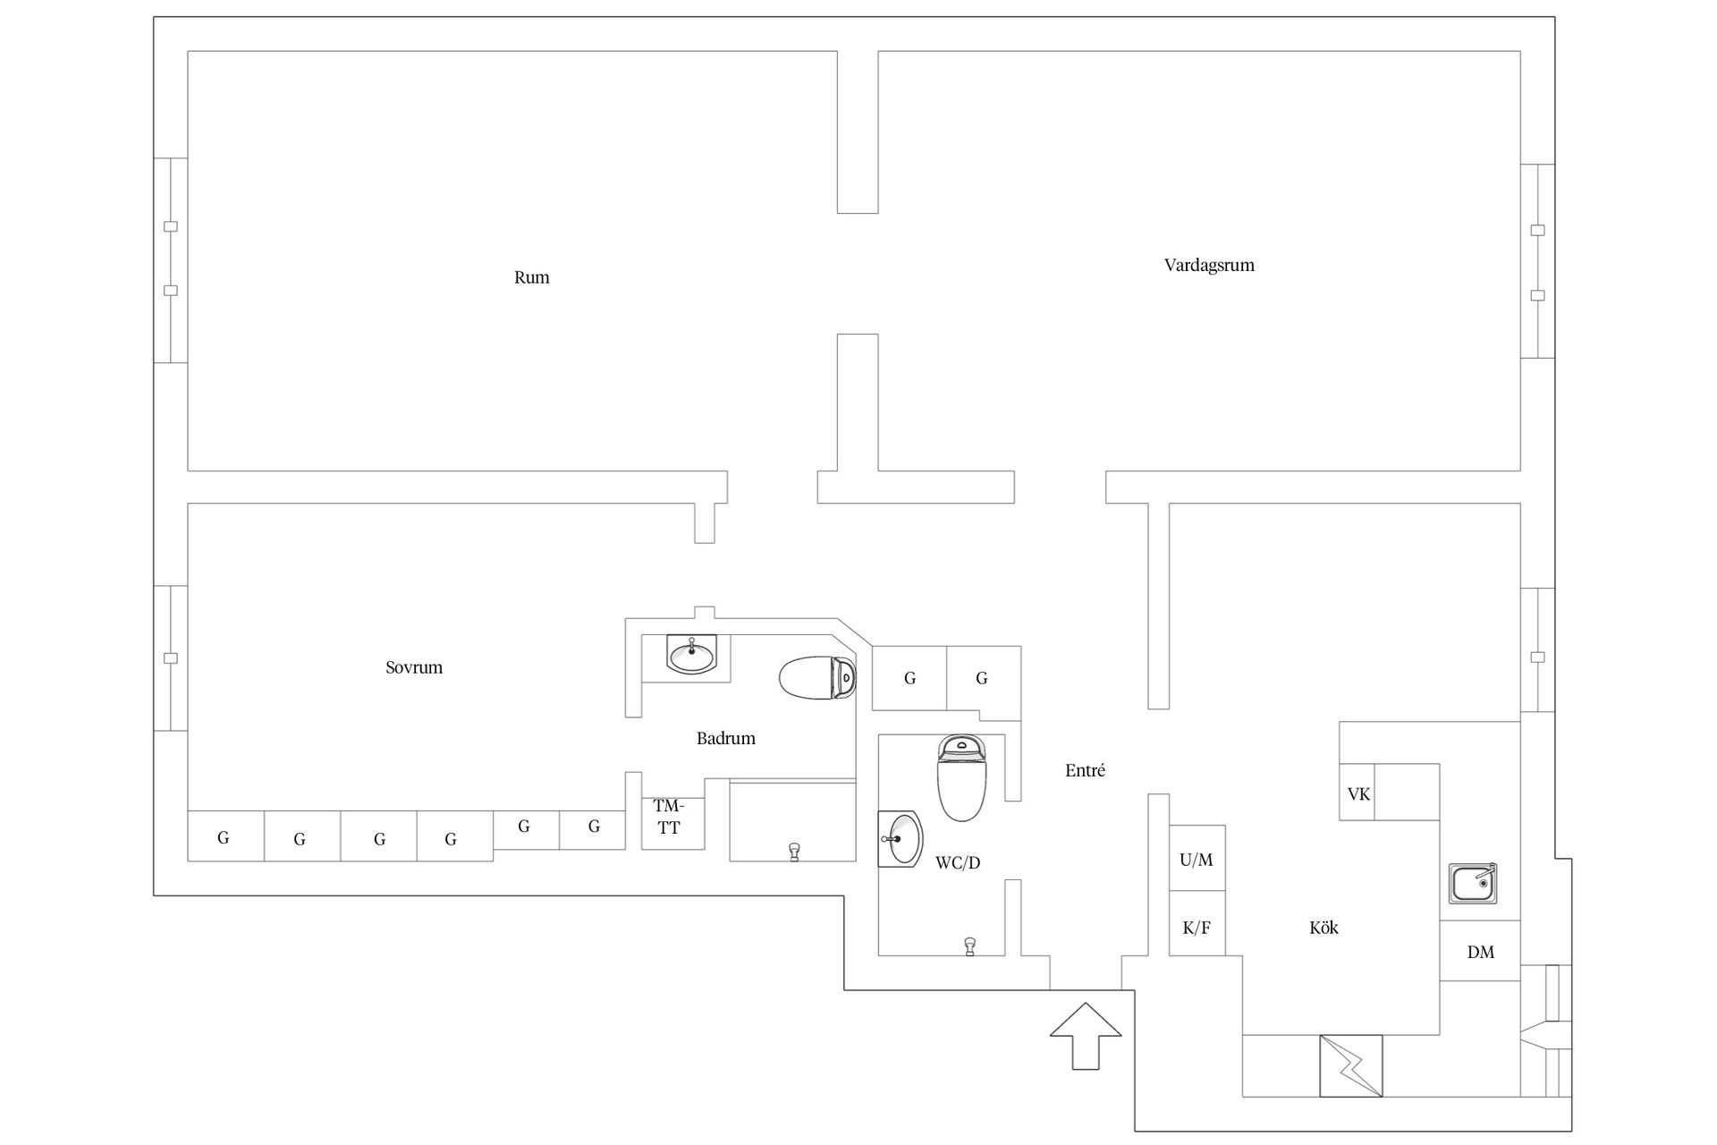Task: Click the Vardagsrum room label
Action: (x=1209, y=266)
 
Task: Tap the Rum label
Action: (x=531, y=277)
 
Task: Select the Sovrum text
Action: (x=414, y=667)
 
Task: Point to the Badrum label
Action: (x=726, y=738)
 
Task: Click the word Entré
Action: (x=1085, y=770)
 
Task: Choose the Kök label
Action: (x=1324, y=928)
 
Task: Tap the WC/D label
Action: (x=958, y=862)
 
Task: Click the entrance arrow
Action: (x=1086, y=1036)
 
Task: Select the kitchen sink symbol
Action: (x=1473, y=884)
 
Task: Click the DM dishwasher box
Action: (x=1480, y=951)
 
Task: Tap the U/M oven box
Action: (x=1197, y=859)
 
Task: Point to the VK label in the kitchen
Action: (x=1358, y=793)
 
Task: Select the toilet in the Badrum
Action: (x=817, y=678)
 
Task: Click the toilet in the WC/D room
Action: (x=961, y=778)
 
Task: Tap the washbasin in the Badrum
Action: (x=691, y=656)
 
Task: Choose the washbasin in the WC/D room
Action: (x=901, y=839)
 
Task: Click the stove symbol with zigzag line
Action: (x=1350, y=1065)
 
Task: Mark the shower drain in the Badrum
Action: (x=793, y=851)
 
